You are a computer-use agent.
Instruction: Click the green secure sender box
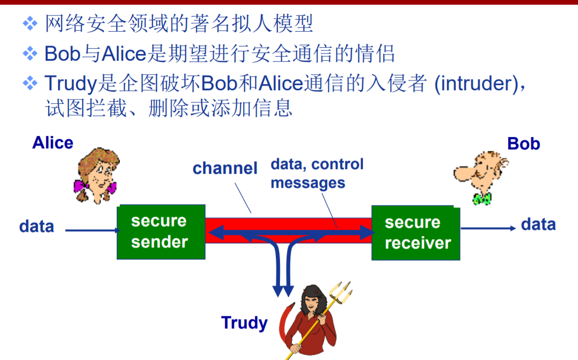(x=161, y=231)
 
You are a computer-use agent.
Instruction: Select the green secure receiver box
(x=416, y=233)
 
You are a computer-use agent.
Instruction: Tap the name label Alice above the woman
(x=53, y=143)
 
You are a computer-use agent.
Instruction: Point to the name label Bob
(x=524, y=144)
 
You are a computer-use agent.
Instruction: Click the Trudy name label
(x=244, y=323)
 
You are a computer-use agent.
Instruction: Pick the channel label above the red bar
(x=225, y=168)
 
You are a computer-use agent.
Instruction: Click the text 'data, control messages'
(x=317, y=173)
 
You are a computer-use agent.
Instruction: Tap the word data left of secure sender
(x=36, y=227)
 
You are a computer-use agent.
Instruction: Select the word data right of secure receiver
(x=538, y=225)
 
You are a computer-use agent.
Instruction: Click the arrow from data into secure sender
(x=91, y=231)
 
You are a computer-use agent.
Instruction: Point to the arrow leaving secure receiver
(x=488, y=228)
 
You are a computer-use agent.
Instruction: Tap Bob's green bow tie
(x=482, y=198)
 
